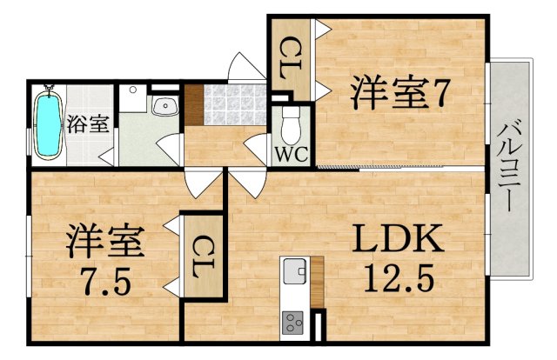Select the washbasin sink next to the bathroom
164,107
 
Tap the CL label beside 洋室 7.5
201,257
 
